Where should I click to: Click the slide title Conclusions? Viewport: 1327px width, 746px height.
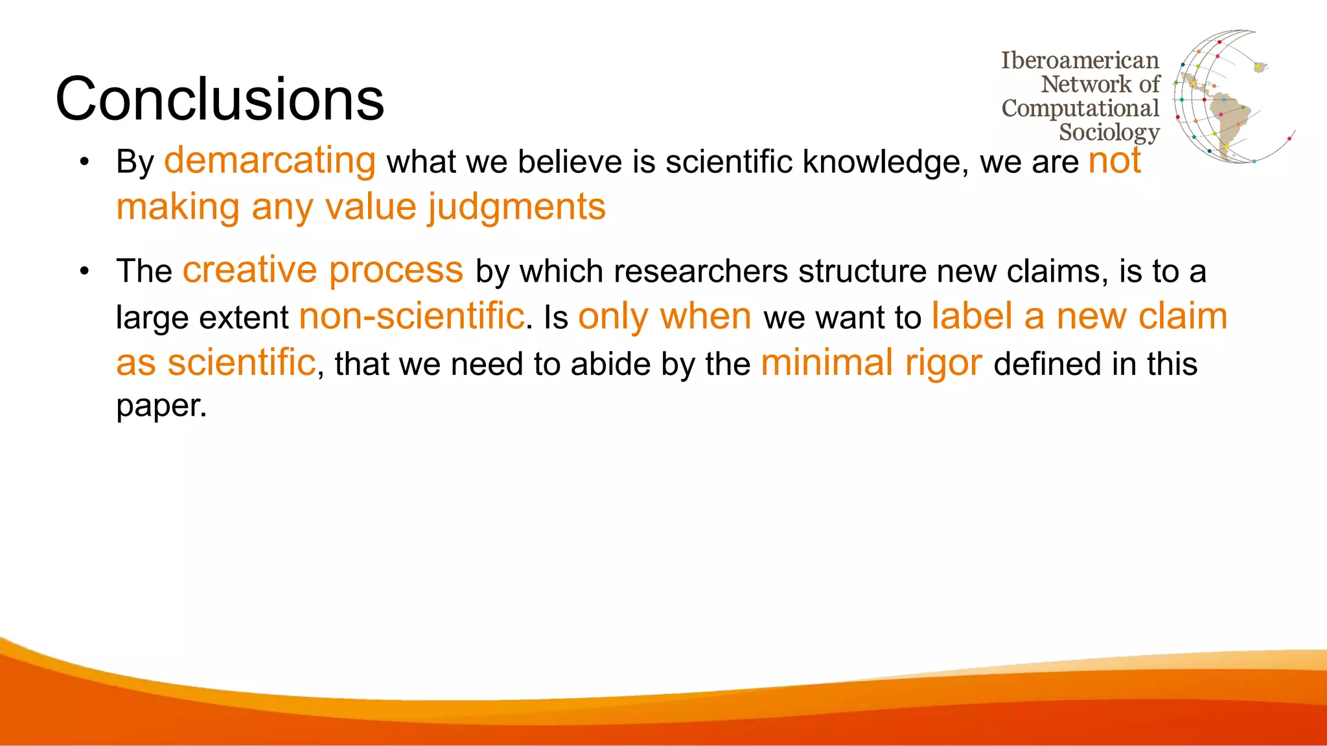pos(220,99)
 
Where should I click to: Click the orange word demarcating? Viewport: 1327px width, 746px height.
pos(270,161)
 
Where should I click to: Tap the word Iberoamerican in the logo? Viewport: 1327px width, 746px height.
pos(1079,60)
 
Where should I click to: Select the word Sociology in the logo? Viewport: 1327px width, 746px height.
pos(1109,132)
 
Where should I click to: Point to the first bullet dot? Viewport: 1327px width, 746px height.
pos(84,163)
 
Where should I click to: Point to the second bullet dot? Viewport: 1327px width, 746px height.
pos(84,271)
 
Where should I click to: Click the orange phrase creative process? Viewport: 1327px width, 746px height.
pos(323,270)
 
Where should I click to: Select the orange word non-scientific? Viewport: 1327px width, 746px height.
pos(411,317)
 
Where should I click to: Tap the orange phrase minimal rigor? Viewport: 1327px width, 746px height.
pos(871,363)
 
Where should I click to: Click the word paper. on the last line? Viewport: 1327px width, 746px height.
pos(161,406)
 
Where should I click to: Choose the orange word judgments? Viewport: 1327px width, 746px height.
pos(516,207)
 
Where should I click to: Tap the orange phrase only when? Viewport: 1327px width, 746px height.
pos(664,317)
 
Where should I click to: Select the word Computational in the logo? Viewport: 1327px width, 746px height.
pos(1079,108)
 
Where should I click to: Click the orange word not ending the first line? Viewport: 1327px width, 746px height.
pos(1114,161)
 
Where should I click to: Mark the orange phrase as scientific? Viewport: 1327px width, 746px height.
pos(216,363)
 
